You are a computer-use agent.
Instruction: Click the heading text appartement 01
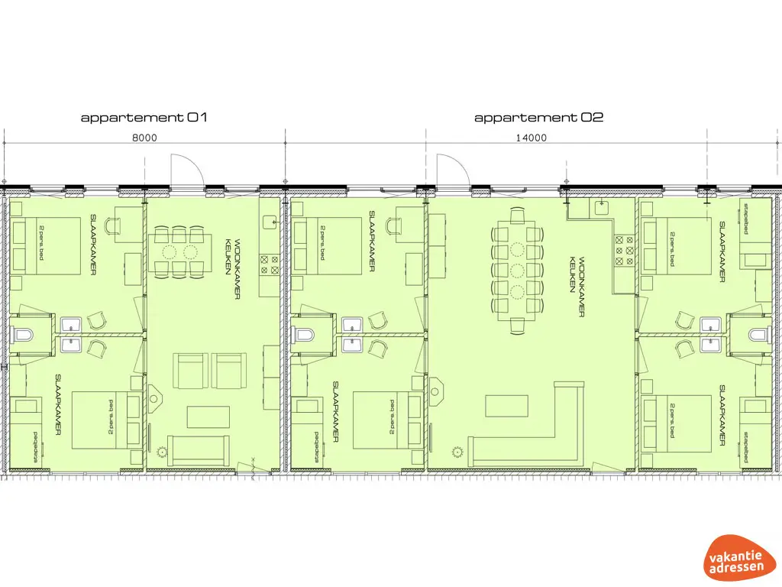click(x=144, y=118)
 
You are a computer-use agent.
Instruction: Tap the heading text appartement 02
click(x=538, y=118)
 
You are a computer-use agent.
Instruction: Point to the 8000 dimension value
click(x=144, y=138)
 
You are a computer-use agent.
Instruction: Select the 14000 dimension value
click(x=532, y=138)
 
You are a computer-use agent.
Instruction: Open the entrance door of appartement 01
click(x=186, y=170)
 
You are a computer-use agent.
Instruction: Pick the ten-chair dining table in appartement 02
click(x=518, y=270)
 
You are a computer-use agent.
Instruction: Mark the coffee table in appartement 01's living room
click(x=208, y=417)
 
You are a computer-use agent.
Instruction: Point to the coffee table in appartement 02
click(x=506, y=405)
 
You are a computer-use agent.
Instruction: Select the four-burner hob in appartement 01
click(x=270, y=264)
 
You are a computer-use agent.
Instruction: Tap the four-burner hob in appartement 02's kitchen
click(x=622, y=249)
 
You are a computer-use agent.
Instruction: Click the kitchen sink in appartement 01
click(x=271, y=222)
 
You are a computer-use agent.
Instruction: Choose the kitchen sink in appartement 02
click(x=601, y=206)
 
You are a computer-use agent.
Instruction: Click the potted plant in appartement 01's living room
click(x=161, y=451)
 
